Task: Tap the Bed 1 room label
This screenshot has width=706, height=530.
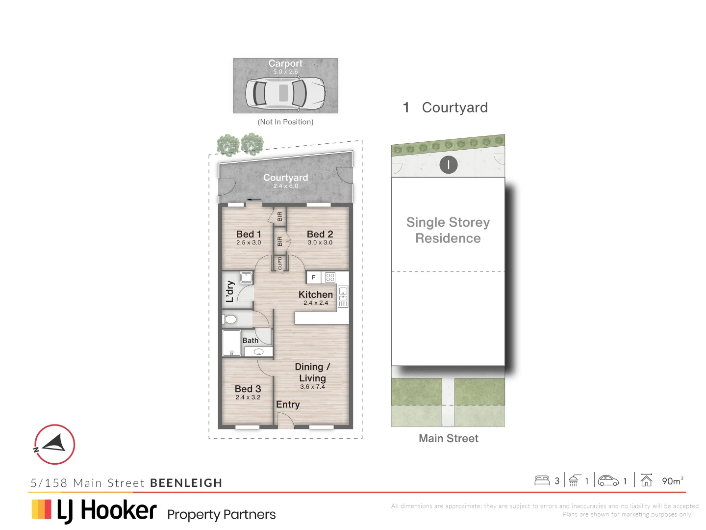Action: click(249, 235)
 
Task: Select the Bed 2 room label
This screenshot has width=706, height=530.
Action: click(320, 235)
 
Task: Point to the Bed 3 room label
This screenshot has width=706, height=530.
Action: click(248, 389)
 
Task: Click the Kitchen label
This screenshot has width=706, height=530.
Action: click(315, 294)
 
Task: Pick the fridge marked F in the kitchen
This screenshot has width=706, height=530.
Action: click(314, 277)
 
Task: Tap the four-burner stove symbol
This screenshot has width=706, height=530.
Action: click(330, 277)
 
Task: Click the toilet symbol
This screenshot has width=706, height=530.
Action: click(229, 319)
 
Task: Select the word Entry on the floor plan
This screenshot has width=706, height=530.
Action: click(288, 404)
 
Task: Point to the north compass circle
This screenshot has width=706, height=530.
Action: click(54, 445)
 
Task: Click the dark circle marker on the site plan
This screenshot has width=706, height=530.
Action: click(448, 165)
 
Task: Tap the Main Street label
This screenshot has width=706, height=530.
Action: click(448, 438)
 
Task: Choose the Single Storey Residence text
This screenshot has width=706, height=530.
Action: click(448, 230)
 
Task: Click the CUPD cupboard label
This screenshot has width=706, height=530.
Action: click(280, 264)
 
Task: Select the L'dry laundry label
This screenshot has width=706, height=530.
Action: click(230, 291)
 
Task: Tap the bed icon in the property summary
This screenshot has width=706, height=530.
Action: click(542, 480)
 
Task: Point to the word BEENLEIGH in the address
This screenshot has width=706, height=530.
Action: click(186, 483)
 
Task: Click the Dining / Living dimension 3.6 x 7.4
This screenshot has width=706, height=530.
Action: click(312, 387)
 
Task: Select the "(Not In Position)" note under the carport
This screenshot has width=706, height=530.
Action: click(285, 122)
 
